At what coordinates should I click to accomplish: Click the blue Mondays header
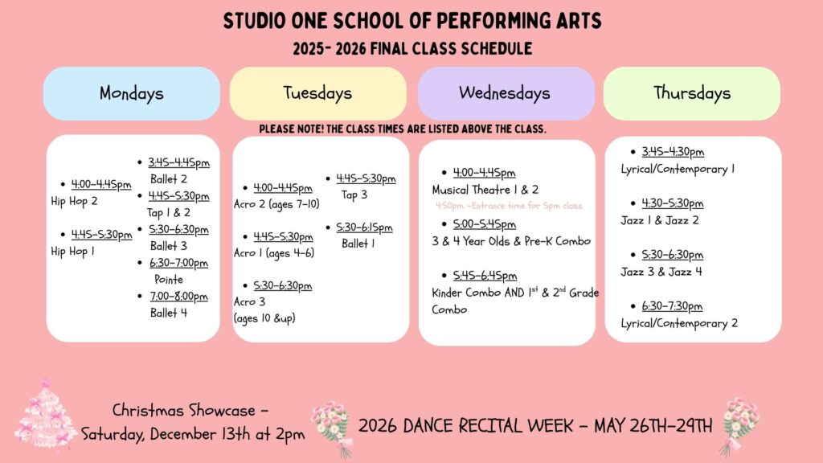tap(132, 93)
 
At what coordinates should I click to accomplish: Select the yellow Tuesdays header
tap(318, 93)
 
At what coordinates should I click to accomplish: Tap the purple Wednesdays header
tap(506, 93)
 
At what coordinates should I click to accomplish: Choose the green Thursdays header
tap(692, 93)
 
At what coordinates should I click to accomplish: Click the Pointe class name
tap(169, 279)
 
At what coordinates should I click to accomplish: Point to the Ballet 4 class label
tap(169, 313)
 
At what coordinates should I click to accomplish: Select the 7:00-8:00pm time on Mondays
tap(179, 297)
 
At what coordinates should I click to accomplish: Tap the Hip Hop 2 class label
tap(74, 202)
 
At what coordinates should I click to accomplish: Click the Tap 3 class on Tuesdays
tap(354, 195)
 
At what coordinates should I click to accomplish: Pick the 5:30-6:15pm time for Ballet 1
tap(364, 227)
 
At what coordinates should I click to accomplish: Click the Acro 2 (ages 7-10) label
tap(276, 204)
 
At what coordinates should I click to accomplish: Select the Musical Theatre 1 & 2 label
tap(485, 190)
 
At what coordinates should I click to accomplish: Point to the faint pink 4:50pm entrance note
tap(509, 206)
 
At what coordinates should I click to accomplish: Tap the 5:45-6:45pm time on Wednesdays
tap(485, 276)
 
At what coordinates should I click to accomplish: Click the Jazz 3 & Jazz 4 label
tap(661, 272)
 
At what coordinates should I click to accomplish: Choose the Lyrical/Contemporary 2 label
tap(679, 323)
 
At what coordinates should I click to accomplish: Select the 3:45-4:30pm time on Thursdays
tap(673, 152)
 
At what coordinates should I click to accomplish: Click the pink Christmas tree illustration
tap(45, 415)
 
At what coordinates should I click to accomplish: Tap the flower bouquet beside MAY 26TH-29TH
tap(739, 426)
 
